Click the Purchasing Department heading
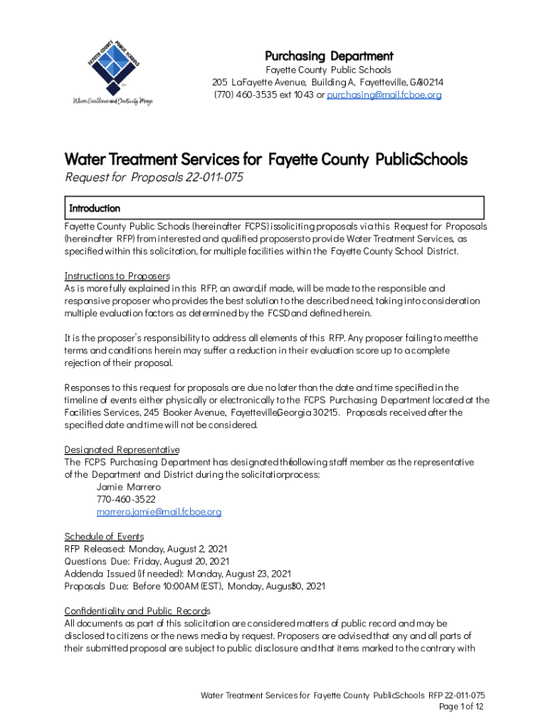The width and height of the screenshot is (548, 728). [x=329, y=55]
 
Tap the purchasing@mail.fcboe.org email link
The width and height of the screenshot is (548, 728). [x=384, y=95]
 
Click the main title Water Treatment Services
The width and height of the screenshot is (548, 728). [x=265, y=159]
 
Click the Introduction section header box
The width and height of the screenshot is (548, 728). [x=274, y=208]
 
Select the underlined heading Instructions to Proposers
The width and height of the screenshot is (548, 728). [x=117, y=275]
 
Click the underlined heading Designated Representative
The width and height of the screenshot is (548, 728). [x=122, y=449]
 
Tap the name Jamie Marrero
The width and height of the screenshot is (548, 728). [x=128, y=487]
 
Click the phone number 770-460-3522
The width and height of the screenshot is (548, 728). [x=125, y=499]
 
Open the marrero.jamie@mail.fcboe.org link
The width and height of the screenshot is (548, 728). [x=159, y=511]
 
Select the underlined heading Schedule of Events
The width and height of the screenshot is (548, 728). [x=104, y=536]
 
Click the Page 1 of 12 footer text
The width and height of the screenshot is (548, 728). [x=462, y=706]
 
